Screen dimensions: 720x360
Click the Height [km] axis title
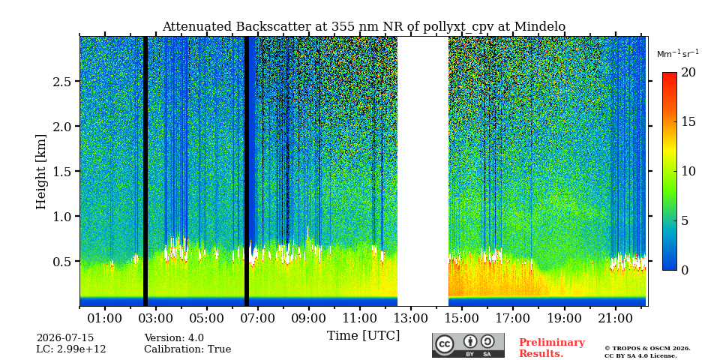coord(41,172)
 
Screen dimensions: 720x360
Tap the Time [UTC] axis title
coord(363,336)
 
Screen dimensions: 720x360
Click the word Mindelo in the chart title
coord(539,27)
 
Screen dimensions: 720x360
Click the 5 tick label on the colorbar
coord(685,220)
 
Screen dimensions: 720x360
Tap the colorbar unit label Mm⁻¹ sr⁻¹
coord(678,53)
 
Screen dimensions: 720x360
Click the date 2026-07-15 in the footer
coord(65,338)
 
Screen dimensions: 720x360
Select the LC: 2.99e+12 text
coord(71,349)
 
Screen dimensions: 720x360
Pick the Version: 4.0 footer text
coord(174,338)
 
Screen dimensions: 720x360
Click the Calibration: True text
coord(187,349)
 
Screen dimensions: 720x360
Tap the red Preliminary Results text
coord(552,348)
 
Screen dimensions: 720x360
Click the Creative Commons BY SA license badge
coord(468,345)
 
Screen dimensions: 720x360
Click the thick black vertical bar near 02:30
coord(145,171)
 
